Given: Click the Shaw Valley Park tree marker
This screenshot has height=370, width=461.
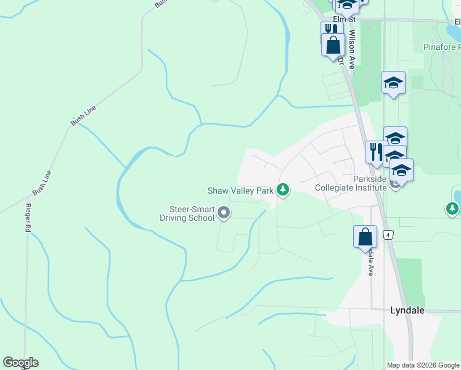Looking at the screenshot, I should (283, 190).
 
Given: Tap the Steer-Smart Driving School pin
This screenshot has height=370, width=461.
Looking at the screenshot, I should (224, 214).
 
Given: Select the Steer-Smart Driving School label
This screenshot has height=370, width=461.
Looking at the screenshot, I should (187, 213).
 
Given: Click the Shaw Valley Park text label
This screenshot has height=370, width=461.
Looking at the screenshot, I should (240, 191).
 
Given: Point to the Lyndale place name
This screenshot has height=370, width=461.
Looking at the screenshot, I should (407, 310).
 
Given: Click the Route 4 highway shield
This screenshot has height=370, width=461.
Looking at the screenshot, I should (388, 234).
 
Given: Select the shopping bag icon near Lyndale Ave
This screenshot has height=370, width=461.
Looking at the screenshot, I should (365, 236).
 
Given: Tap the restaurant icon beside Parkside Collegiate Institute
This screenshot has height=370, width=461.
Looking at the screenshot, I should (376, 152).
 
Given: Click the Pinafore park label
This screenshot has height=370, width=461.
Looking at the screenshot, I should (441, 47).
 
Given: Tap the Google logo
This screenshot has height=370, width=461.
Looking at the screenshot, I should (20, 363).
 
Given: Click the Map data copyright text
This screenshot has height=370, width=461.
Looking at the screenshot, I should (423, 365).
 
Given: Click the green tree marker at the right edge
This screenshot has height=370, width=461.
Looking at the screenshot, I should (452, 209).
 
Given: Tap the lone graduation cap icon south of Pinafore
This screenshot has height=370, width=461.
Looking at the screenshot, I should (393, 83).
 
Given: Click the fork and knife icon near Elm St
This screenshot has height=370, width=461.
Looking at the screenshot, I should (328, 31).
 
